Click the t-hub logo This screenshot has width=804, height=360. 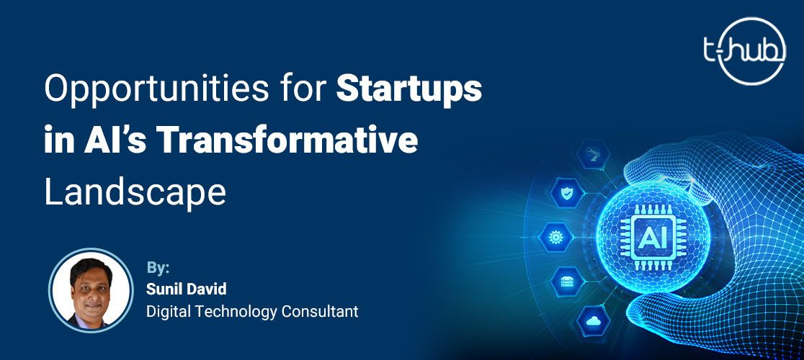(744, 50)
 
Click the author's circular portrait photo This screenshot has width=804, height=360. (91, 290)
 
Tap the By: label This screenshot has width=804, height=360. (158, 269)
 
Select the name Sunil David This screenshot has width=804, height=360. (186, 289)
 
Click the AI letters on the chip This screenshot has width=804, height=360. (653, 237)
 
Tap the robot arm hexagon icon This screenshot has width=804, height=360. (593, 154)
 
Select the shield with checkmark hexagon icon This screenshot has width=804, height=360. (566, 194)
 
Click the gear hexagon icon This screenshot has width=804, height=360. (555, 237)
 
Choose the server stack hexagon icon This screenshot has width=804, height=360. (566, 281)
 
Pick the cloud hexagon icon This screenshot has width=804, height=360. (593, 321)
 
